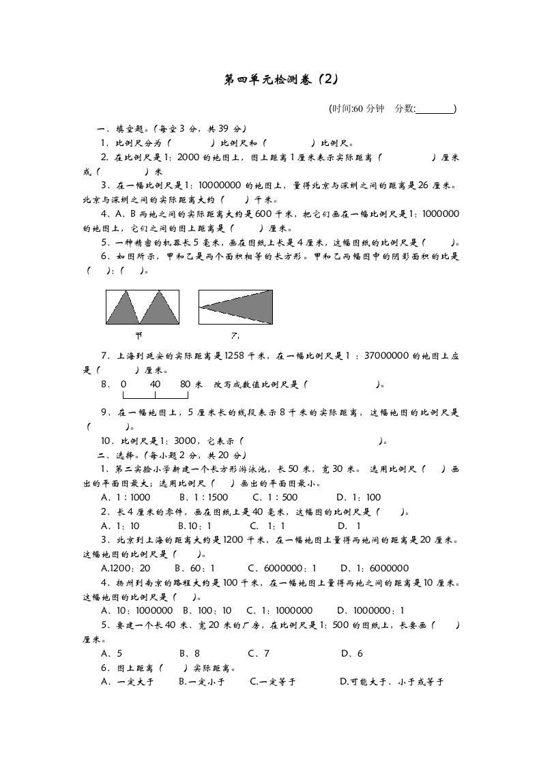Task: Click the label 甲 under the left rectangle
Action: [138, 335]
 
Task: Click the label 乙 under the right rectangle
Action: [234, 335]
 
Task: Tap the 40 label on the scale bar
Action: [155, 385]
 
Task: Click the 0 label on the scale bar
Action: [123, 385]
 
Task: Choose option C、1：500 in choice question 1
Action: [275, 497]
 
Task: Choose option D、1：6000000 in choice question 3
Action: [375, 568]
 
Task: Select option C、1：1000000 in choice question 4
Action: [280, 611]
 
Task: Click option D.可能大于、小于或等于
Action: [392, 681]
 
